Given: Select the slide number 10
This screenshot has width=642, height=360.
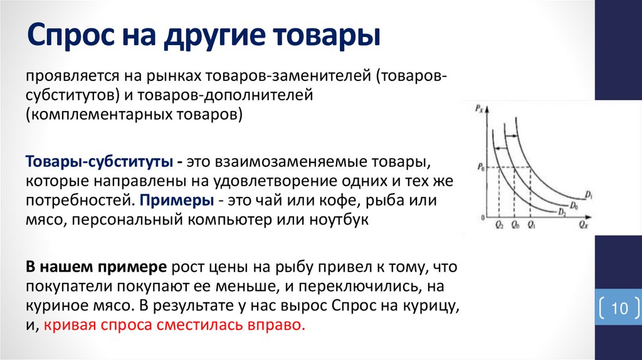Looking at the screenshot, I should [x=619, y=309].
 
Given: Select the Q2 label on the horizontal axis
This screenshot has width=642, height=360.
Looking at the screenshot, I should [x=499, y=225].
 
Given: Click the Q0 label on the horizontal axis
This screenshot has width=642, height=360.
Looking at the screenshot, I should [x=515, y=225].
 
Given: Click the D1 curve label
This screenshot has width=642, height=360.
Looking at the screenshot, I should [x=590, y=196].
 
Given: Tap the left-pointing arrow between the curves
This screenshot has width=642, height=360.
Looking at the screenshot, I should [x=500, y=147].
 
